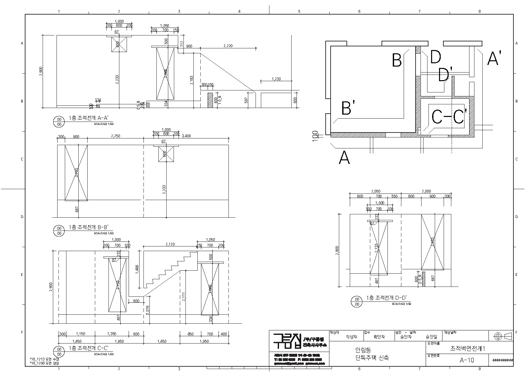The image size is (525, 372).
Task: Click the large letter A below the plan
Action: (344, 158)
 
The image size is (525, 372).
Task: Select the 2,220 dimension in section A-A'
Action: (228, 46)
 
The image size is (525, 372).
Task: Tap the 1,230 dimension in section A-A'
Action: (276, 79)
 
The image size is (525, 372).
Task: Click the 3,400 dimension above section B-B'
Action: (186, 136)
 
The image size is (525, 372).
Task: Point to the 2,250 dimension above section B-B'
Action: (115, 136)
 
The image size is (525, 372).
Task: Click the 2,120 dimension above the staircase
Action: (170, 244)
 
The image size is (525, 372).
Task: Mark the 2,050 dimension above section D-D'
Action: (376, 191)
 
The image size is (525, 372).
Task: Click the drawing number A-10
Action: (467, 360)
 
